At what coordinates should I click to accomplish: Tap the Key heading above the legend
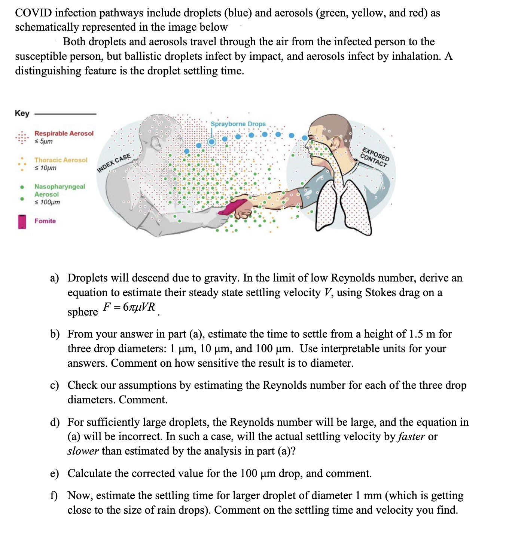tap(22, 113)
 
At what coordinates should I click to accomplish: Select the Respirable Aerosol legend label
tap(64, 133)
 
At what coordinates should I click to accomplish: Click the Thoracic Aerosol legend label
tap(61, 160)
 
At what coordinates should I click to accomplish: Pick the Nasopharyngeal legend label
tap(60, 187)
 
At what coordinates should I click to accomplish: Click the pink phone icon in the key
tap(22, 221)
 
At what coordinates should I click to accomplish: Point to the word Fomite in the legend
tap(45, 221)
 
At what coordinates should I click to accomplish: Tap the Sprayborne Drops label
tap(238, 124)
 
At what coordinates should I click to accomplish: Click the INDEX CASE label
tap(114, 162)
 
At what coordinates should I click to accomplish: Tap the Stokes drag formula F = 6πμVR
tap(129, 307)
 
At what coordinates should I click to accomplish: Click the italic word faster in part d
tap(412, 437)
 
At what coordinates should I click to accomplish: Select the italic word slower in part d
tap(83, 451)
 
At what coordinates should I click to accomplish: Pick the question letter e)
tap(55, 474)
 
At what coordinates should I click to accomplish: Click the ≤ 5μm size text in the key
tap(44, 141)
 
